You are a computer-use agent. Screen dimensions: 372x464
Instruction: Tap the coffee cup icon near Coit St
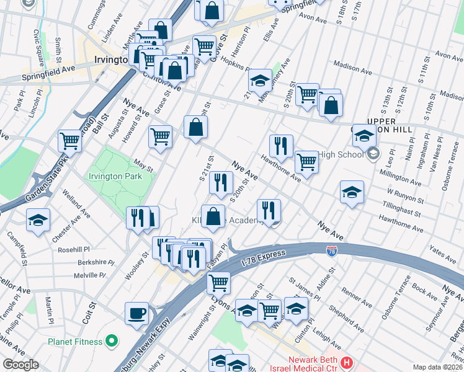tap(136, 312)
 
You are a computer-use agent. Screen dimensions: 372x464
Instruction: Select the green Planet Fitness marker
tap(112, 340)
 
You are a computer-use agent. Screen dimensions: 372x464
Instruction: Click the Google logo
tap(20, 365)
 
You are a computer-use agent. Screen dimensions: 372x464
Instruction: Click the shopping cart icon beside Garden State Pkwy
tap(69, 141)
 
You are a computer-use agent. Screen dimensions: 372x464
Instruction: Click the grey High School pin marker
tap(373, 153)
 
